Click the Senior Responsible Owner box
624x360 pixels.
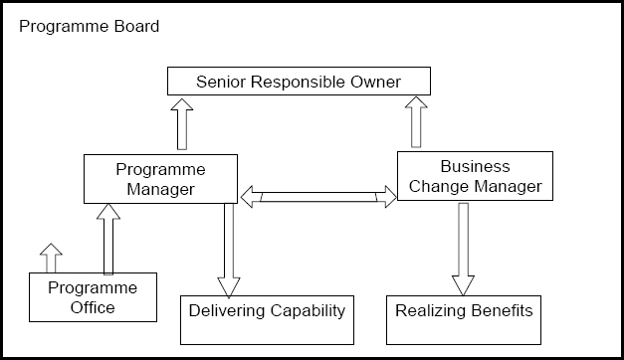pyautogui.click(x=299, y=81)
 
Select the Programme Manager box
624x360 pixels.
pyautogui.click(x=160, y=179)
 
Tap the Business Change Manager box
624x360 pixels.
pyautogui.click(x=475, y=176)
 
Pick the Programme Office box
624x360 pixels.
pyautogui.click(x=93, y=297)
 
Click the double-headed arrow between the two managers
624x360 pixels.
pyautogui.click(x=317, y=196)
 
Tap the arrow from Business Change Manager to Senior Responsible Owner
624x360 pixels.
pyautogui.click(x=416, y=122)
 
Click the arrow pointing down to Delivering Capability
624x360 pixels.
pyautogui.click(x=229, y=249)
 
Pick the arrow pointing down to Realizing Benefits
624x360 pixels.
pyautogui.click(x=463, y=249)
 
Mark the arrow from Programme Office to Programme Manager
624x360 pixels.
pyautogui.click(x=109, y=239)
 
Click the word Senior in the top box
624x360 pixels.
pyautogui.click(x=220, y=81)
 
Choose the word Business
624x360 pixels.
pyautogui.click(x=475, y=166)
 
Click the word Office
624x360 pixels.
pyautogui.click(x=93, y=307)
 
